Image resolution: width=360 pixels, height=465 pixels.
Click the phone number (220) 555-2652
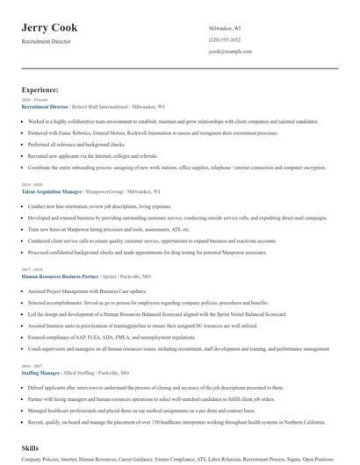pos(225,39)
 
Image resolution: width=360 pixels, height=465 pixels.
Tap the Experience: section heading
pos(40,89)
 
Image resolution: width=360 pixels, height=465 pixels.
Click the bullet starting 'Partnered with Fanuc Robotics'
pos(133,132)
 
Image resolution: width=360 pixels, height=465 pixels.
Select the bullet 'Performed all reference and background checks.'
pos(77,144)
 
